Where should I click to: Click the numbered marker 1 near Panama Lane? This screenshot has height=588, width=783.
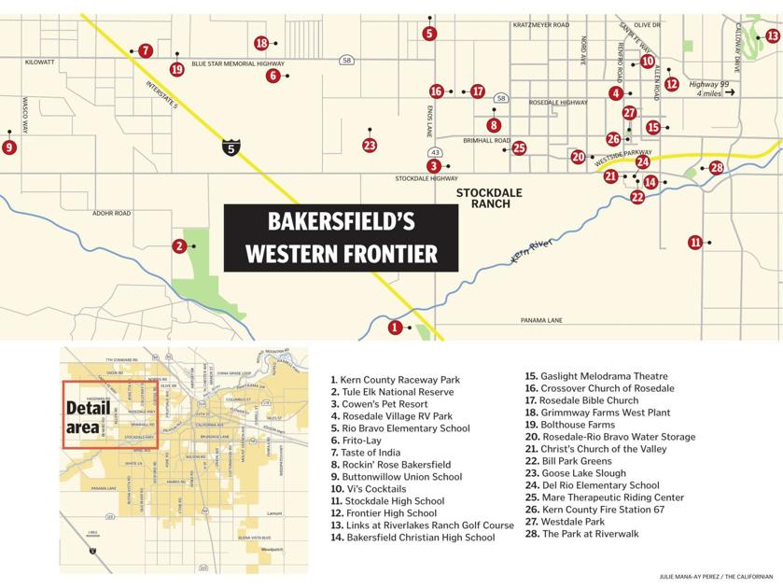396,328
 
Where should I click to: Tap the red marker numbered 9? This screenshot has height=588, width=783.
9,147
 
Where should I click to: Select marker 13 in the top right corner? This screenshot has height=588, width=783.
773,36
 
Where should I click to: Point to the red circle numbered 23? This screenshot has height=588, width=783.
370,145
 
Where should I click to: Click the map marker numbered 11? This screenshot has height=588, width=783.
694,243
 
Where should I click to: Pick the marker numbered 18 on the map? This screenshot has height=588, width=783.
261,43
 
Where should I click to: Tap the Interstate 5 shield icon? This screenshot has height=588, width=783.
230,147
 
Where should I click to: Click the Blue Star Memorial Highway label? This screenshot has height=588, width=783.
237,63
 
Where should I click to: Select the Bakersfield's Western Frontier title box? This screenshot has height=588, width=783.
341,237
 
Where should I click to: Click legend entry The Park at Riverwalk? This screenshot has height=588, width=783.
591,534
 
